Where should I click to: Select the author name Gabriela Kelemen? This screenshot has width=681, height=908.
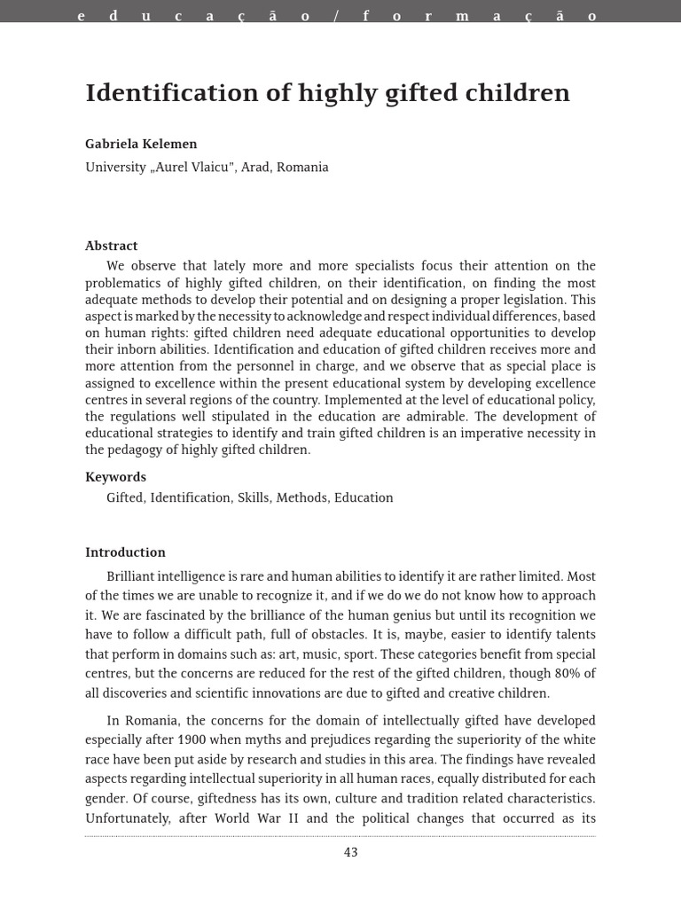click(x=140, y=144)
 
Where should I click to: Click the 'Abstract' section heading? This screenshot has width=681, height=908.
click(x=112, y=246)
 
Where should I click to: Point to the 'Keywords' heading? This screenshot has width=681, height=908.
click(x=115, y=477)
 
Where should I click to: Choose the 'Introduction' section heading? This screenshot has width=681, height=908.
click(x=125, y=552)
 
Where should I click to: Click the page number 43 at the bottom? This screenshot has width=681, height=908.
click(x=350, y=852)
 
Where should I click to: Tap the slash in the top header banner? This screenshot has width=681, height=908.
click(x=336, y=17)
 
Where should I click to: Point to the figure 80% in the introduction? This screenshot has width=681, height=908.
click(x=563, y=674)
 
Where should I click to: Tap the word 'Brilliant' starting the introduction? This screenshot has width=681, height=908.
click(x=133, y=576)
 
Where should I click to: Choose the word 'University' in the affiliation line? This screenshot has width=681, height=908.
click(x=115, y=167)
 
